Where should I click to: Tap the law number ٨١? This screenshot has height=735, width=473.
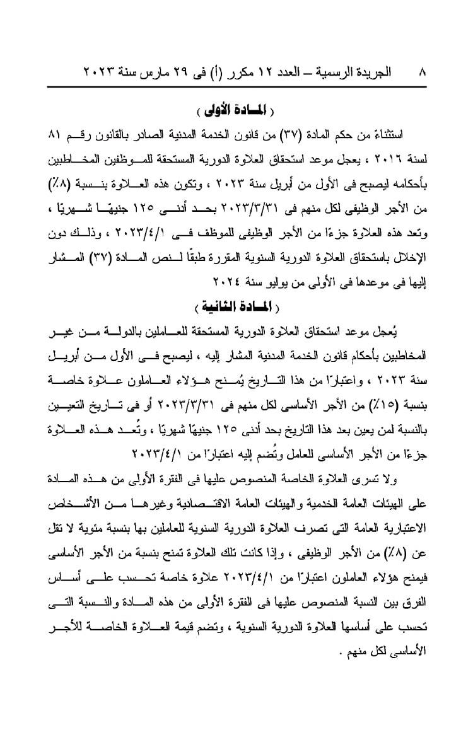[x=53, y=136]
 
